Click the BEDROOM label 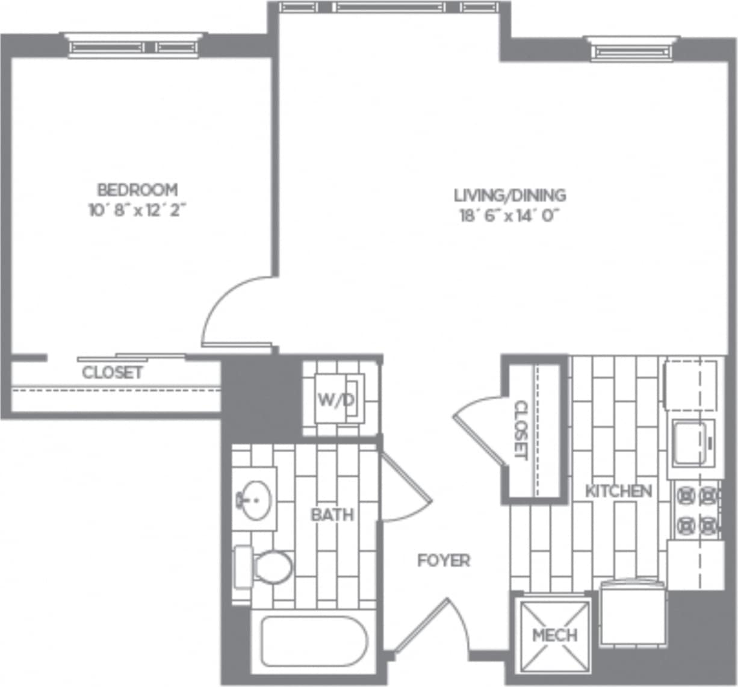point(137,190)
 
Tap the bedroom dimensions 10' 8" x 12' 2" point(137,210)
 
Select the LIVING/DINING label point(509,195)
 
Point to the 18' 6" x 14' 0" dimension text point(509,215)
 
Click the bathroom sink point(255,500)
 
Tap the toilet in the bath point(265,567)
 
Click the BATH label point(332,515)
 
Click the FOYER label point(444,561)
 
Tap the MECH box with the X point(555,635)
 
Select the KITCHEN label point(618,491)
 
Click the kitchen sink point(690,443)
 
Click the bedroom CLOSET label point(113,373)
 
